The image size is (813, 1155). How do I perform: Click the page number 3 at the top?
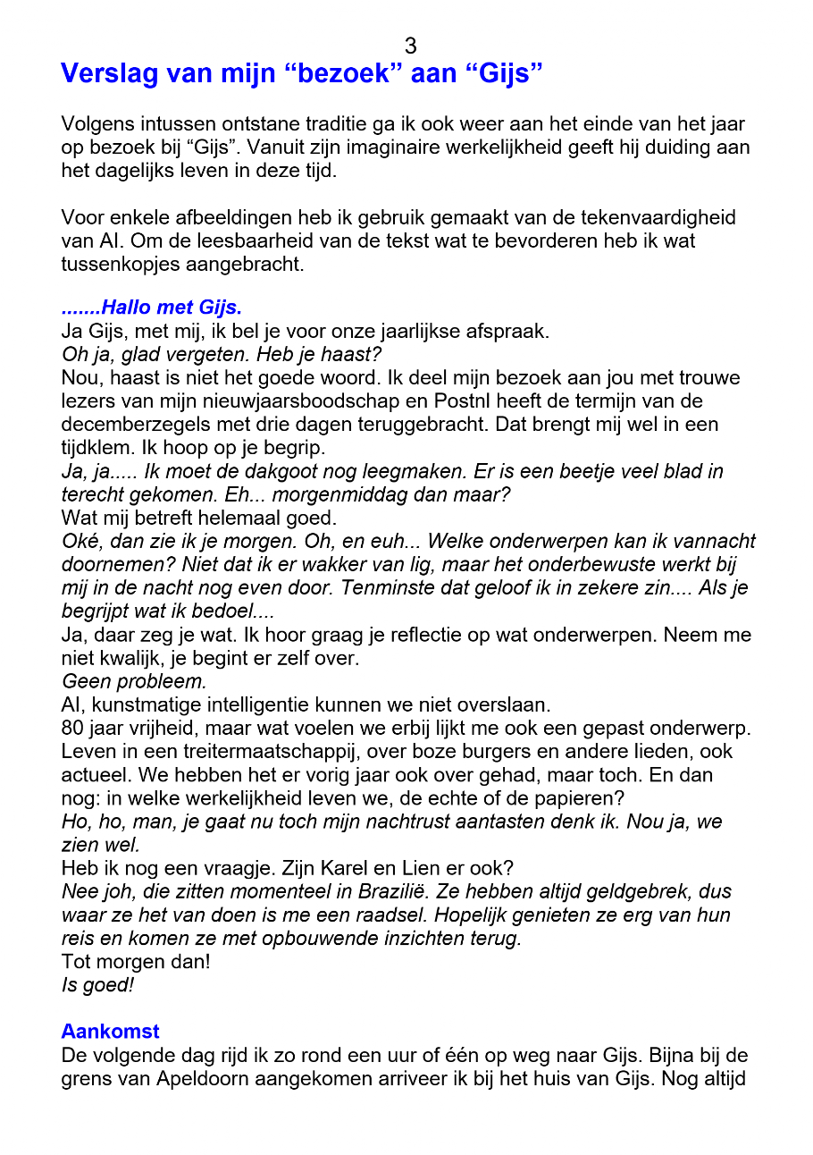point(410,46)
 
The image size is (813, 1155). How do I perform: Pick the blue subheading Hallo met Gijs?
point(152,308)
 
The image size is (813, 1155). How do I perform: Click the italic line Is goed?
point(97,985)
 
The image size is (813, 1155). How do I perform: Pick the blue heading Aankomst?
point(110,1032)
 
